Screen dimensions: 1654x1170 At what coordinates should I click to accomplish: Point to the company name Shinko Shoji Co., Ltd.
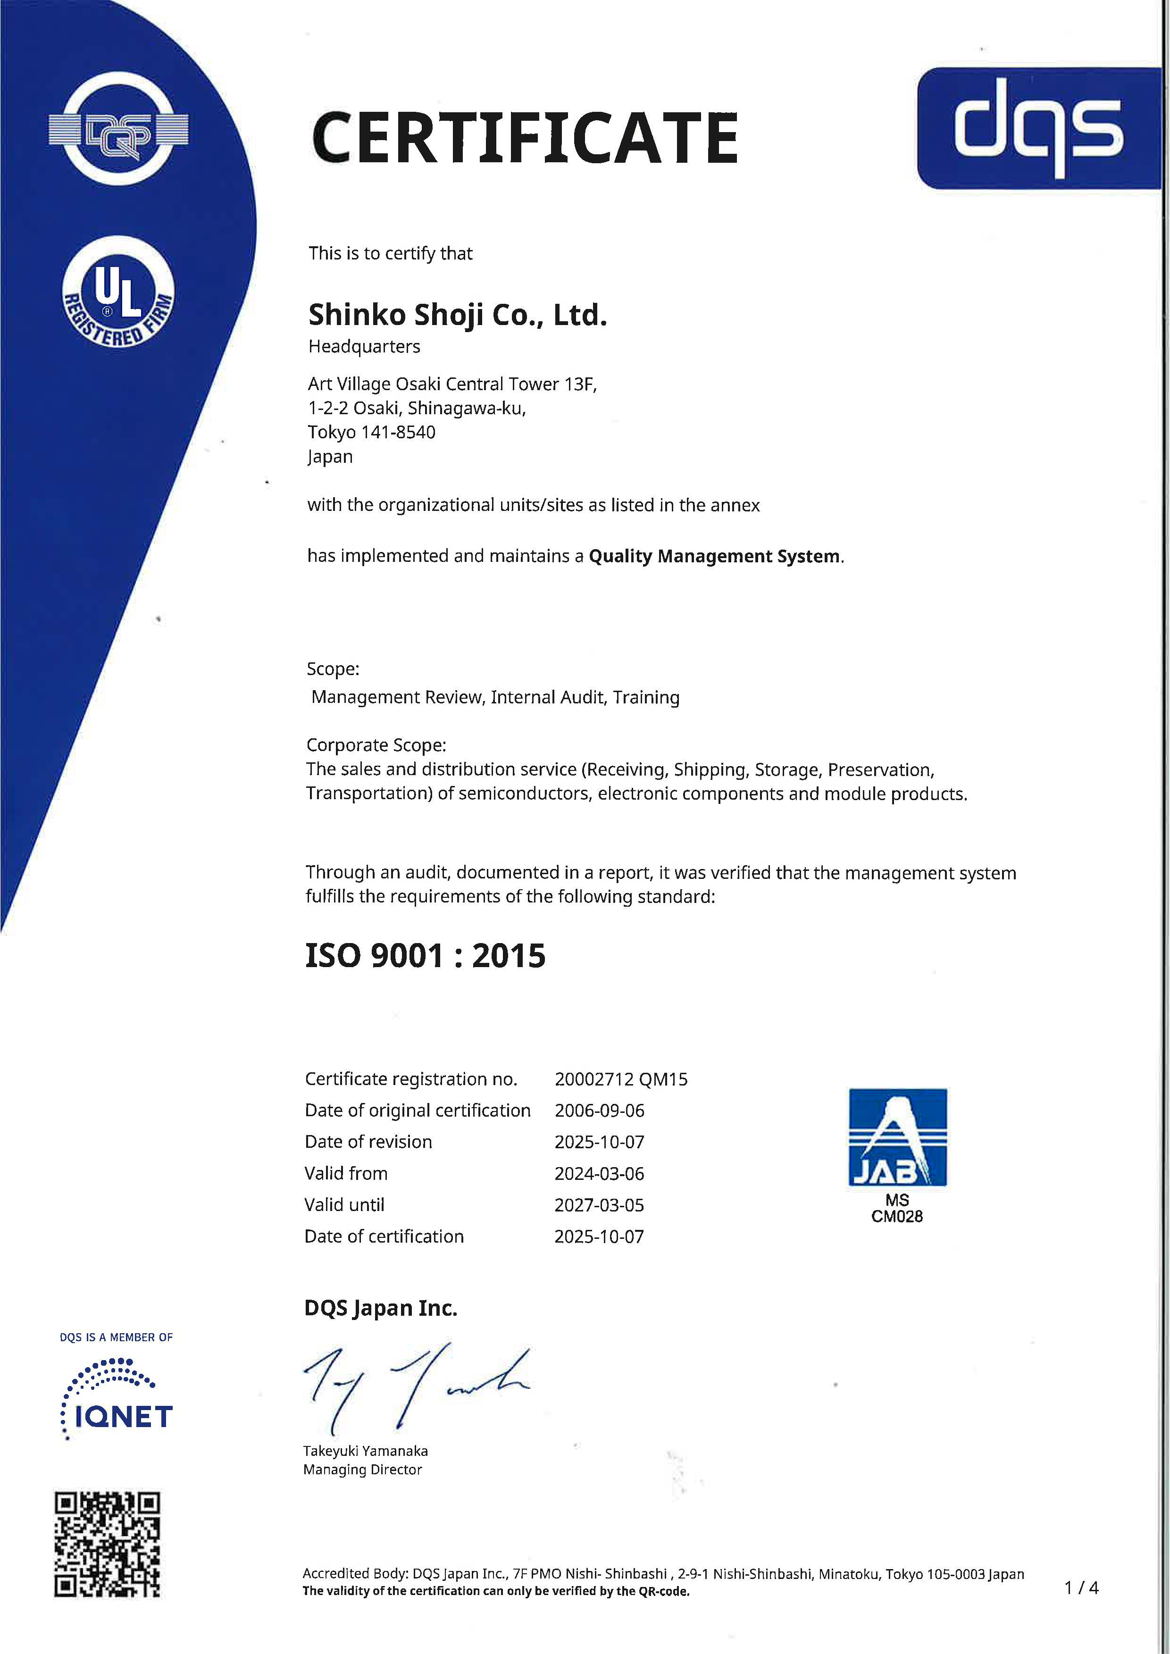458,315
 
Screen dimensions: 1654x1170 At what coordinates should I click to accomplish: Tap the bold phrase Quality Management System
714,556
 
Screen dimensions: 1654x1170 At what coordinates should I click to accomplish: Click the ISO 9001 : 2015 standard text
425,956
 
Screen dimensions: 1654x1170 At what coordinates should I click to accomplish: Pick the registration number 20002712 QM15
621,1079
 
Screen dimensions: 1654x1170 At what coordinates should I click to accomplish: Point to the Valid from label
346,1173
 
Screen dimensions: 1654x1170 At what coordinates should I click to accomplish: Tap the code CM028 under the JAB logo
897,1217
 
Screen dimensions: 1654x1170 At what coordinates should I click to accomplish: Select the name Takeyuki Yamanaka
365,1451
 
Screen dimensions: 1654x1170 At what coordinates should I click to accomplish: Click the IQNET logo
117,1399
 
